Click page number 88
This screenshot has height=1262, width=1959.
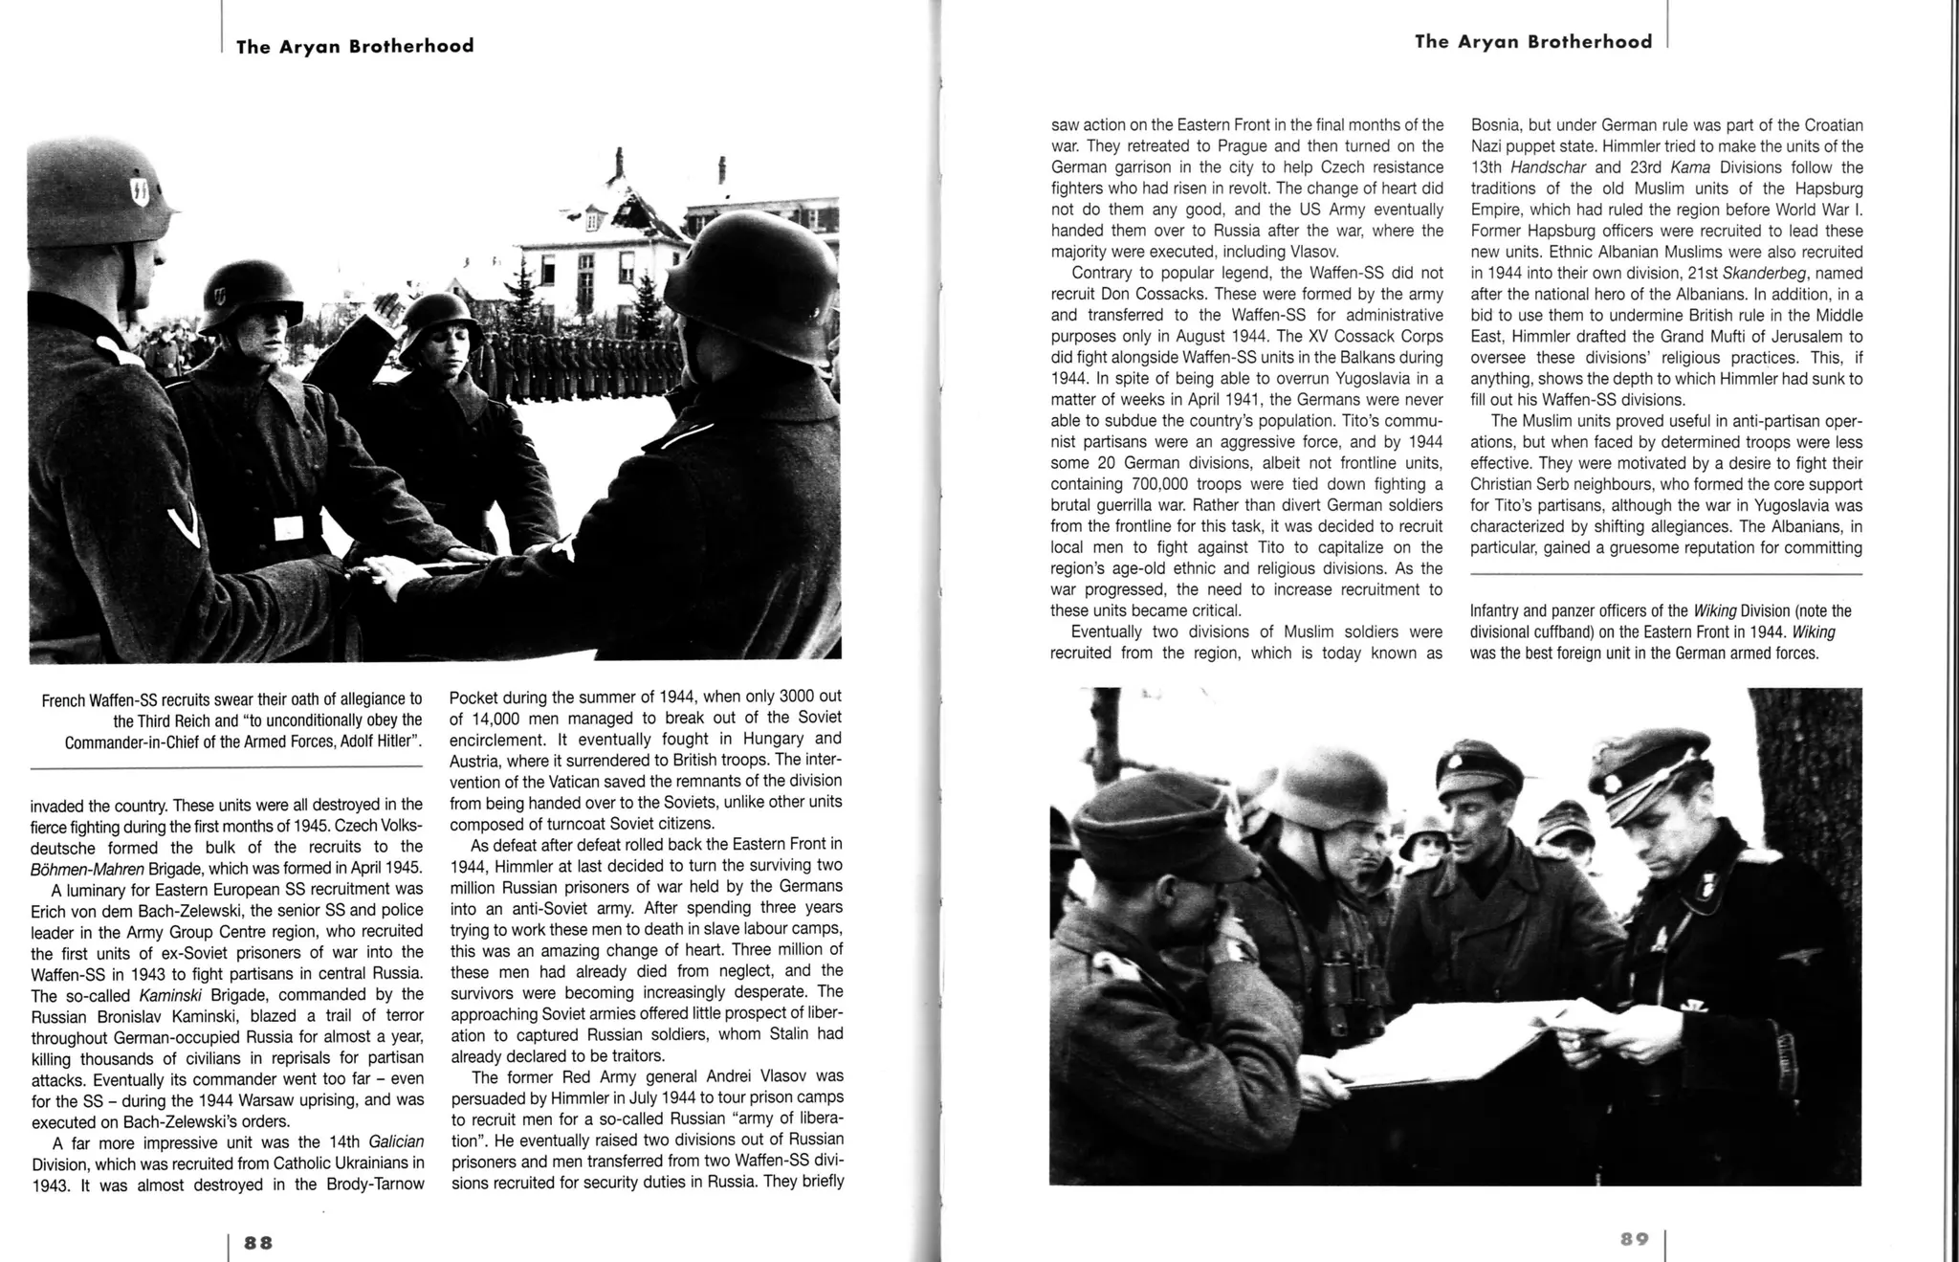pyautogui.click(x=258, y=1242)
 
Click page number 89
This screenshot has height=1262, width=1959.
pyautogui.click(x=1635, y=1239)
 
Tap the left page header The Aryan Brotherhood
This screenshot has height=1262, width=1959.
pyautogui.click(x=355, y=46)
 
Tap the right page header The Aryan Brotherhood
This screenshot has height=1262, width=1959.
pyautogui.click(x=1532, y=41)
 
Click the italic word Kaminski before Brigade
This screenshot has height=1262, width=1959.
pyautogui.click(x=170, y=995)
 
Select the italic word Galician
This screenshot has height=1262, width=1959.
pyautogui.click(x=395, y=1142)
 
